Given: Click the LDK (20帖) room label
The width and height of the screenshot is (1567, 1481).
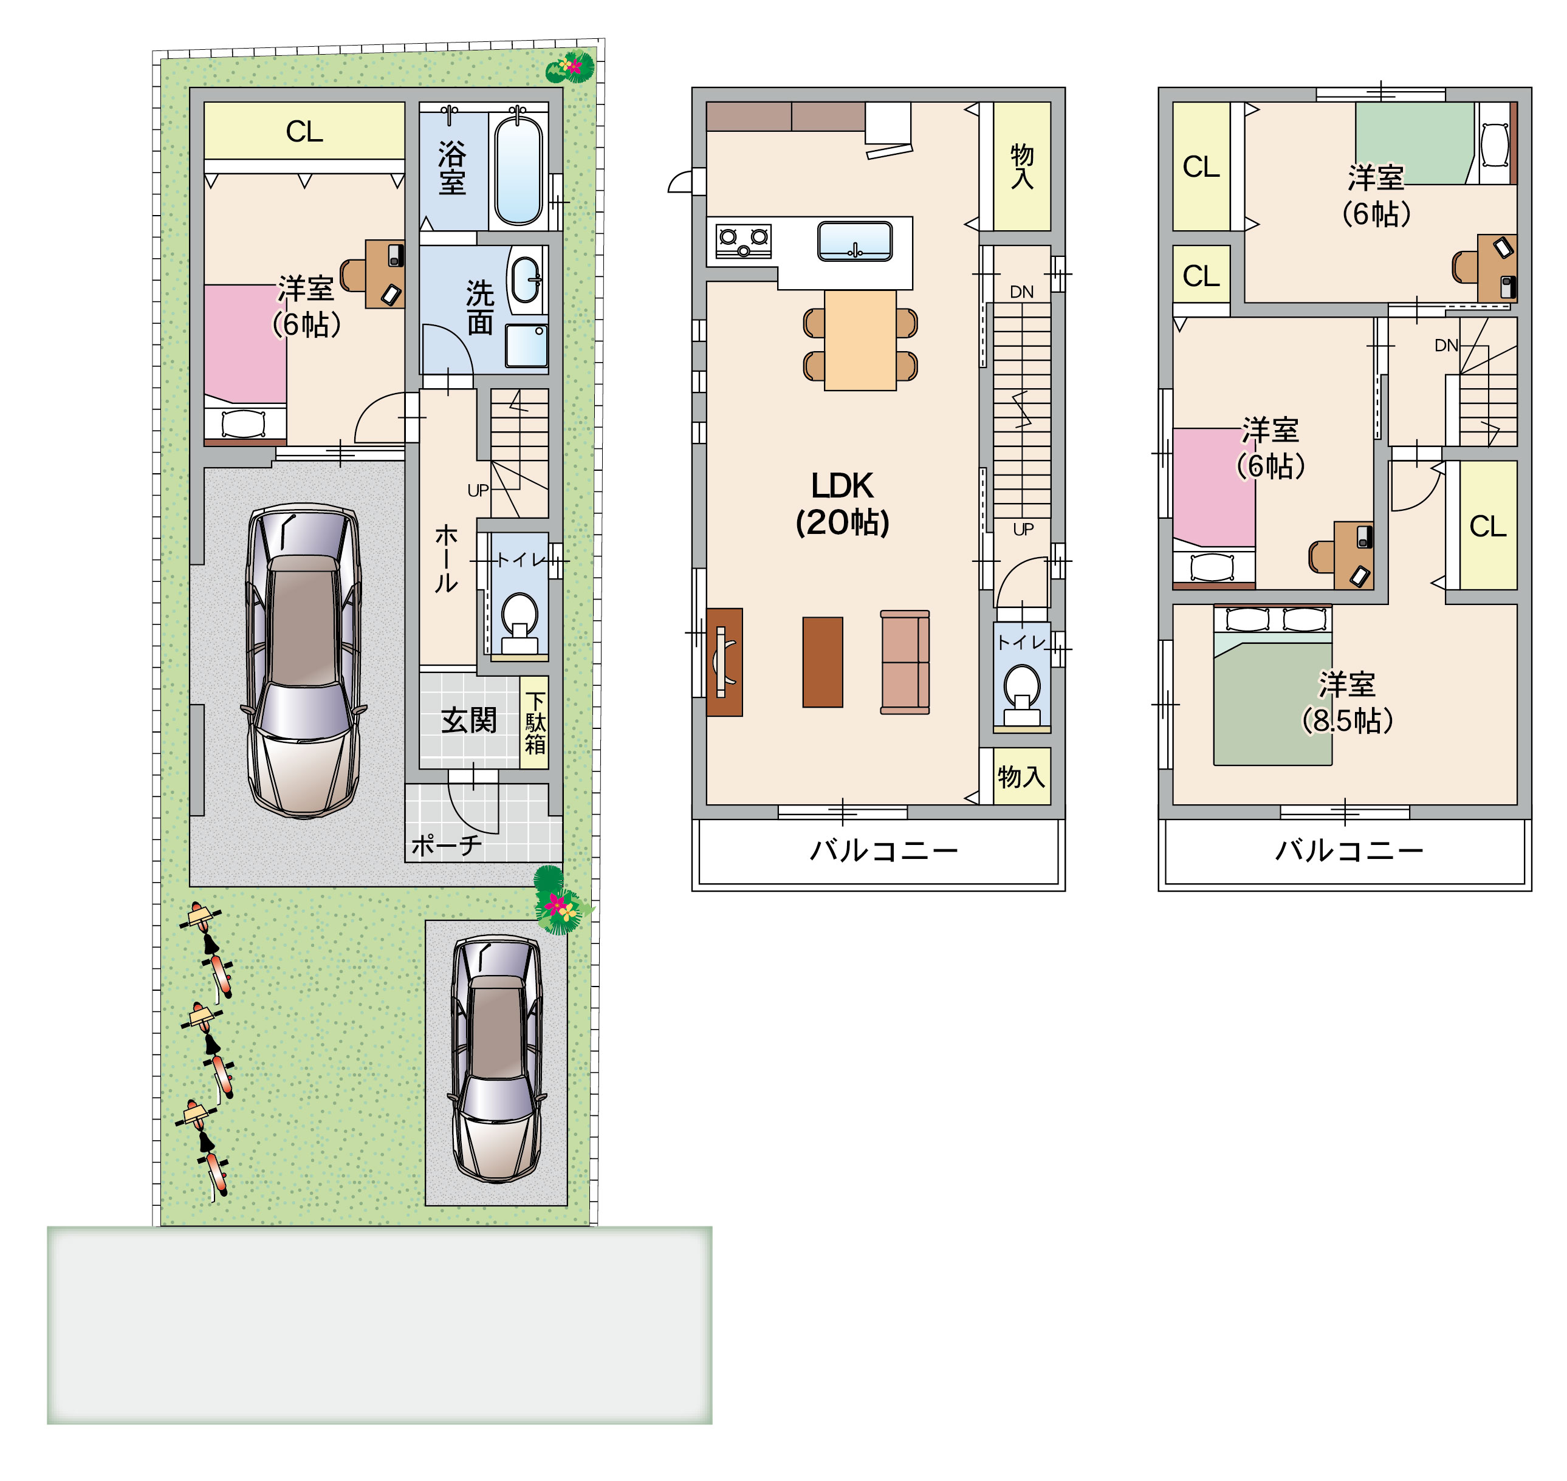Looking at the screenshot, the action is click(x=842, y=504).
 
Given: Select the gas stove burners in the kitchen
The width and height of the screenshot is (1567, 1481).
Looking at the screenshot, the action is click(x=743, y=241).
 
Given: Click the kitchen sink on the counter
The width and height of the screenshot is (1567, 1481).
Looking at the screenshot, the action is click(x=855, y=241).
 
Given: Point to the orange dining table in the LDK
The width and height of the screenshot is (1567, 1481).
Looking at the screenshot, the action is click(x=860, y=340).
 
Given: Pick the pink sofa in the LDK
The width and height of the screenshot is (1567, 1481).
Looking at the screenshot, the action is click(x=905, y=662).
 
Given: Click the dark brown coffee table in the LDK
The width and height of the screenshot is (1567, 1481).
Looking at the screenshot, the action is click(x=823, y=662).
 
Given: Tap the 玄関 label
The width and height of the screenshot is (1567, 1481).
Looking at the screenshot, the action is click(x=469, y=720).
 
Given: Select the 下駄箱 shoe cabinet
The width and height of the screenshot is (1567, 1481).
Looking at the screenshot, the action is click(x=535, y=722).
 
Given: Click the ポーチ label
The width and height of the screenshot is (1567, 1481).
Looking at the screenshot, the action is click(x=447, y=846).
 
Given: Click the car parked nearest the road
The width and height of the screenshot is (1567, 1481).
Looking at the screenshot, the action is click(x=496, y=1059).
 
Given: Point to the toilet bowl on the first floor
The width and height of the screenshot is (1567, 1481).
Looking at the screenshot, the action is click(x=519, y=617).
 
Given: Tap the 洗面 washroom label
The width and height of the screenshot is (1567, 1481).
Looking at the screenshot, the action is click(x=480, y=308).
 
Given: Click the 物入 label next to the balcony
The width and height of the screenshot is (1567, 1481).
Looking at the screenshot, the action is click(x=1021, y=777).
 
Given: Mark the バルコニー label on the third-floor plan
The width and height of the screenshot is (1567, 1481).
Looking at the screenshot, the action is click(x=1349, y=850).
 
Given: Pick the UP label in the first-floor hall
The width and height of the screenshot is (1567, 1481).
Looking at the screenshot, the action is click(x=478, y=490).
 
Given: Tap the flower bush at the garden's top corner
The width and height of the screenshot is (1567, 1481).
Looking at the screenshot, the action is click(x=570, y=67).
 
